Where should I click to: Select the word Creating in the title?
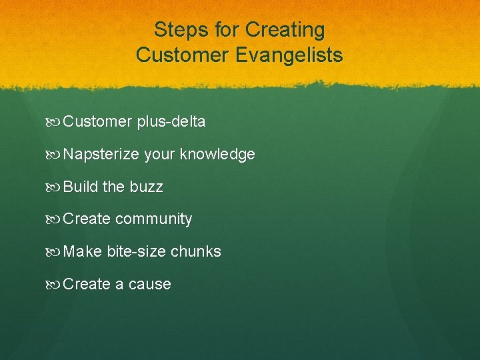click(x=285, y=30)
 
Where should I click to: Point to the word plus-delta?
click(x=171, y=122)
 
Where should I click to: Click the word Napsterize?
click(x=101, y=155)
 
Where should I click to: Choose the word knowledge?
click(x=218, y=155)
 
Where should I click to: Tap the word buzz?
click(x=146, y=187)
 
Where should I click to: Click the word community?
click(x=153, y=219)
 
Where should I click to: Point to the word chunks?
click(x=196, y=251)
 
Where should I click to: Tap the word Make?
click(x=83, y=251)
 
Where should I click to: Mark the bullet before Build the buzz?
click(x=55, y=187)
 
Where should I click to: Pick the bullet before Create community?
click(x=55, y=219)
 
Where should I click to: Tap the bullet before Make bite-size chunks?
click(x=55, y=252)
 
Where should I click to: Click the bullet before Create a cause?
click(x=55, y=285)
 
